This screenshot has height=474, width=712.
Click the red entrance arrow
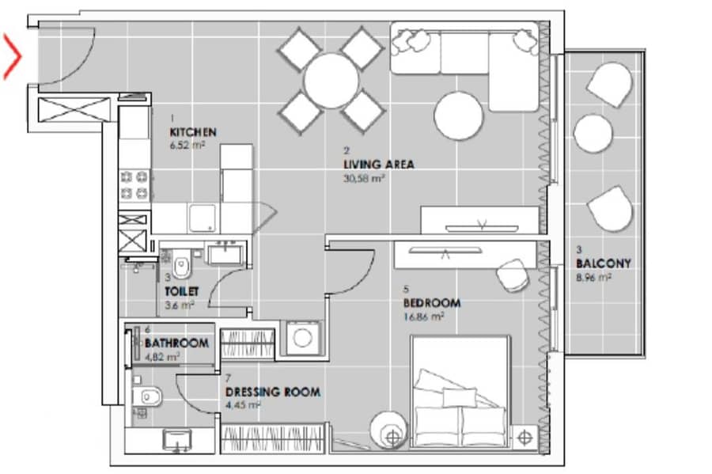(x=13, y=57)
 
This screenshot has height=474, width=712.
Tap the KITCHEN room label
(x=193, y=132)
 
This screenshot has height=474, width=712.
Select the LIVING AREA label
(x=379, y=165)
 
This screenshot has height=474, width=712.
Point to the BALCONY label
(x=604, y=264)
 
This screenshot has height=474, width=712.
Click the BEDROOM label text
(x=432, y=303)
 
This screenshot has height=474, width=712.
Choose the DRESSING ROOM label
(x=273, y=392)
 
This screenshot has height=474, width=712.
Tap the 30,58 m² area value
(x=364, y=178)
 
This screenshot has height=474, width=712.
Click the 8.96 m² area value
(x=593, y=278)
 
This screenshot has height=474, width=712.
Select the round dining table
(x=331, y=81)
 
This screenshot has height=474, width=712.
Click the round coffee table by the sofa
(x=458, y=116)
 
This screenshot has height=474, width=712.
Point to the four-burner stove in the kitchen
(x=134, y=185)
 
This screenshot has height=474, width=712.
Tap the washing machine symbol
(x=302, y=337)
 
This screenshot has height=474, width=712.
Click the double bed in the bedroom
(x=460, y=392)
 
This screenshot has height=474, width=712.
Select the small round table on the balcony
(x=593, y=133)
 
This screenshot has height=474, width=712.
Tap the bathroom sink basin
(x=177, y=439)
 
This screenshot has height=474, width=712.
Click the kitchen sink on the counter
(x=203, y=218)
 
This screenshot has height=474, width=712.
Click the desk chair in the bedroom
(x=513, y=275)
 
